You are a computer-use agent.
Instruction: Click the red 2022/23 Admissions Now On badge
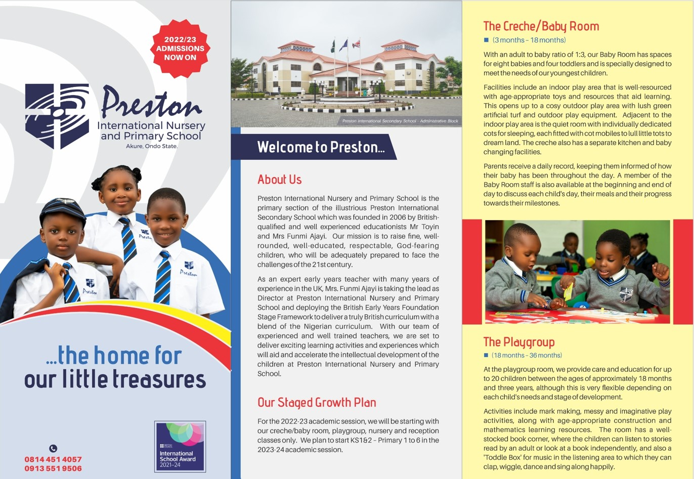point(180,49)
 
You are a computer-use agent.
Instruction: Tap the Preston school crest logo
point(57,116)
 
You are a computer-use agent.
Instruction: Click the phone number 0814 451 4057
point(53,459)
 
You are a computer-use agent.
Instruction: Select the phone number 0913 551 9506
point(53,468)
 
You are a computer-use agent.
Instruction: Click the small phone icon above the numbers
point(53,448)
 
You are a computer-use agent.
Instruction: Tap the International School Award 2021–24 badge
point(180,447)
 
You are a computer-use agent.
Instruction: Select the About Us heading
point(279,180)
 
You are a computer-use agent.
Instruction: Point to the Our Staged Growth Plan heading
point(317,403)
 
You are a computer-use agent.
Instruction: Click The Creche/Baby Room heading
point(541,27)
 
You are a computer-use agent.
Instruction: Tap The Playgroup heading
point(518,342)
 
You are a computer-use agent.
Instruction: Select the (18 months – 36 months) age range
point(527,355)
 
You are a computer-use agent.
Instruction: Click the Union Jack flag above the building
point(356,44)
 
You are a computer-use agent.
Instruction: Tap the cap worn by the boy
point(63,211)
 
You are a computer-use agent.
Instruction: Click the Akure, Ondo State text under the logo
point(152,146)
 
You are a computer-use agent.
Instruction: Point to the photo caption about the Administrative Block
point(400,121)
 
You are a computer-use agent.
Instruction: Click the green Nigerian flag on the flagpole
point(332,46)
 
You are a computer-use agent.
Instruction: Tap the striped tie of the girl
point(127,240)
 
